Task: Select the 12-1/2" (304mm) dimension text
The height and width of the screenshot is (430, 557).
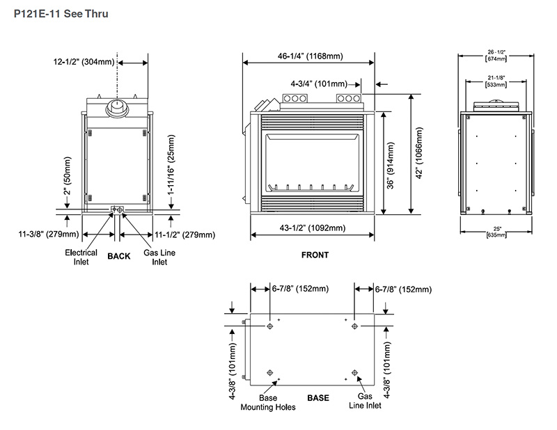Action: (84, 62)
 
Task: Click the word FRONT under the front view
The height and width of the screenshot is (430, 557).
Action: (315, 255)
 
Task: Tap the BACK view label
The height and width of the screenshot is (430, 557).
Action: (118, 256)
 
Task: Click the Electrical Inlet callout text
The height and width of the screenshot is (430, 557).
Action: (81, 257)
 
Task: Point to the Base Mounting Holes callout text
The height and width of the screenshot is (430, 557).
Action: (268, 403)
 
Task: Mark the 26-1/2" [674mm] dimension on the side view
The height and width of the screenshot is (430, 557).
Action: (496, 55)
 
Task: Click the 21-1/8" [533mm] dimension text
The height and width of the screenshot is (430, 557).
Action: (496, 81)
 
